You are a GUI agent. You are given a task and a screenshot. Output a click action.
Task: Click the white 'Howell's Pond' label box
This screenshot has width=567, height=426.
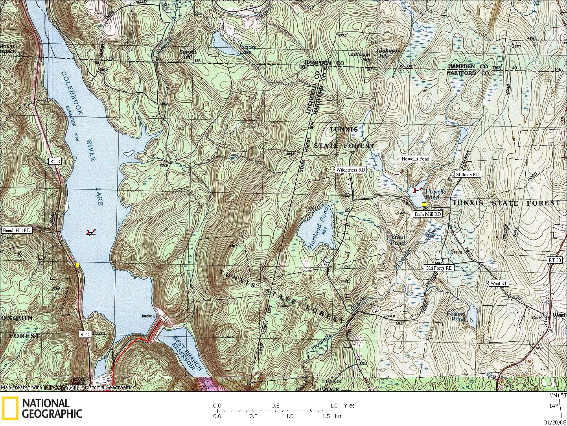tap(415, 159)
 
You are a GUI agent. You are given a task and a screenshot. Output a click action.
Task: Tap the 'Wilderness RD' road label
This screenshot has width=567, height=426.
tap(350, 170)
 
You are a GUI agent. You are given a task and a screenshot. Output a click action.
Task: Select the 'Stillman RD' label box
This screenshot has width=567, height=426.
tap(468, 174)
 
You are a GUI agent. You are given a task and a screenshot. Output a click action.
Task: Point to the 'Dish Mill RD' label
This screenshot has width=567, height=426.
tap(427, 214)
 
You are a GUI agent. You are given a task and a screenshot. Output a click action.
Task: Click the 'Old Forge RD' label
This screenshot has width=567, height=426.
tap(439, 268)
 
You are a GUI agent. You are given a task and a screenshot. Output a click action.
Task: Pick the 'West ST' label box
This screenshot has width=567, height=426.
tap(499, 283)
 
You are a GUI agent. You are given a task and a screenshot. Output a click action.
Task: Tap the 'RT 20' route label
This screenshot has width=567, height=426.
tap(555, 260)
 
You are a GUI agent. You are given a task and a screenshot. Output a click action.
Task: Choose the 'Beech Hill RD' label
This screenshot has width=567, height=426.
tap(17, 230)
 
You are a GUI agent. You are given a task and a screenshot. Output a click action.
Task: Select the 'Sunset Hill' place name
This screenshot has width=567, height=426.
tap(188, 54)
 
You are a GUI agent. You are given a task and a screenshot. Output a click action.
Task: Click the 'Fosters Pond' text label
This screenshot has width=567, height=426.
tap(456, 316)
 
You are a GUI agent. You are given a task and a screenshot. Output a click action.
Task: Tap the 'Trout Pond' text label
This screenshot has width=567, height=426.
tap(398, 240)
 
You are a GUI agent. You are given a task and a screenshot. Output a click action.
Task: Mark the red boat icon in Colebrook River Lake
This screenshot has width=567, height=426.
tap(91, 232)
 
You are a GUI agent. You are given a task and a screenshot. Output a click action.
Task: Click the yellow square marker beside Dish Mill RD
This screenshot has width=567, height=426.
tap(424, 204)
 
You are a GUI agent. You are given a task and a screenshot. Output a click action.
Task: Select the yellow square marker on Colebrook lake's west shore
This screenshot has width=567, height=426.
tap(77, 265)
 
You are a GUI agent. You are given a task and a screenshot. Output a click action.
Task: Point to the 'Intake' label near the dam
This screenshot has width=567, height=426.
tap(147, 316)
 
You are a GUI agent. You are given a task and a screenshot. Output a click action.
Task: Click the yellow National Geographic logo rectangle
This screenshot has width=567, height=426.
tap(10, 408)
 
